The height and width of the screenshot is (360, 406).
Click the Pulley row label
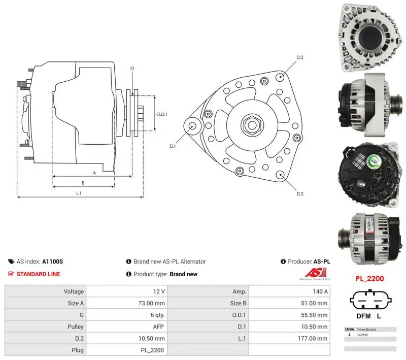(x=75, y=327)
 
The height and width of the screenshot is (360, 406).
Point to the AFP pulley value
(x=158, y=327)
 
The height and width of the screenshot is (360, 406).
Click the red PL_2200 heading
(x=369, y=279)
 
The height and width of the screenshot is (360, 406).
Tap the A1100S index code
(x=53, y=261)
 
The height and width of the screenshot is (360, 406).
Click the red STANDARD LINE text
(x=39, y=274)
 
